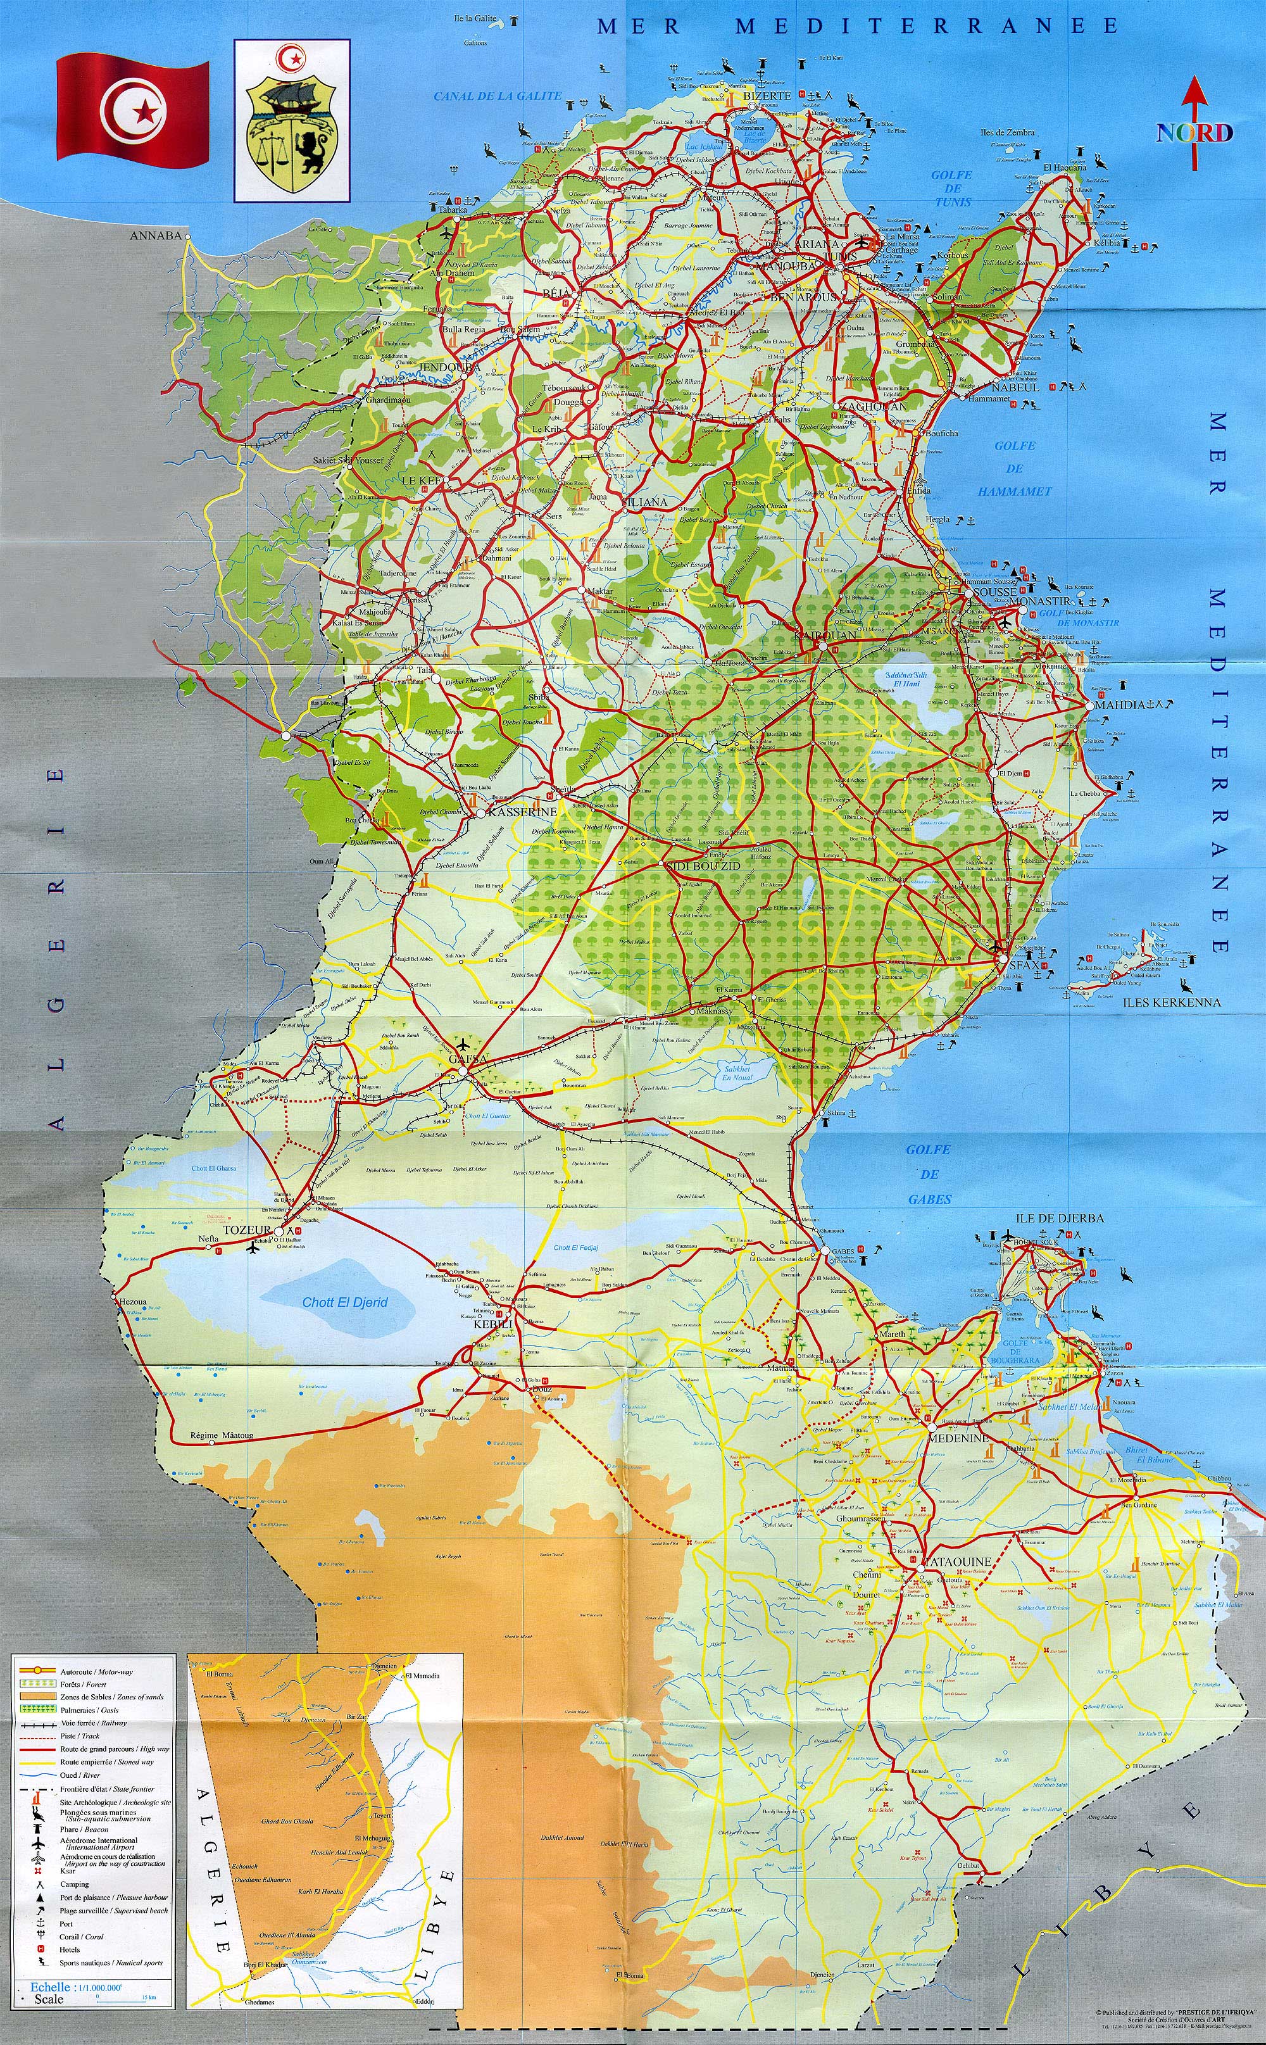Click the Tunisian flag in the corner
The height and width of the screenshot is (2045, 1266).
coord(132,107)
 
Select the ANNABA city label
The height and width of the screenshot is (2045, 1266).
coord(155,236)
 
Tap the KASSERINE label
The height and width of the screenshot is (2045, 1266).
coord(522,812)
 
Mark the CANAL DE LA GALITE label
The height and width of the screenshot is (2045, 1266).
coord(498,96)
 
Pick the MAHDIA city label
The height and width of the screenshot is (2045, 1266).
coord(1119,704)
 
